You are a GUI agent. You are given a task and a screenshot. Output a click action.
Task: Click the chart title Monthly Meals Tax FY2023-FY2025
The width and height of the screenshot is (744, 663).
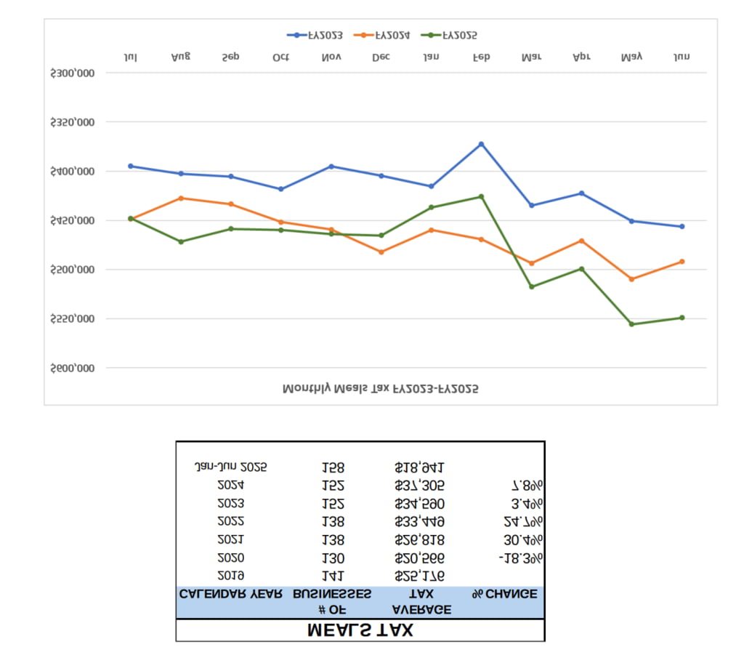tap(380, 389)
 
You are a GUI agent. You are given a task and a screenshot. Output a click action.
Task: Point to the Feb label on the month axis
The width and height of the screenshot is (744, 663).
tap(481, 57)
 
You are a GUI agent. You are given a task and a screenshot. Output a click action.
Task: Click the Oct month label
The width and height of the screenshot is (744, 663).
tap(280, 57)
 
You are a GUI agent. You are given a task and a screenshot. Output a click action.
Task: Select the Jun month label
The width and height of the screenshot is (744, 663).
tap(682, 57)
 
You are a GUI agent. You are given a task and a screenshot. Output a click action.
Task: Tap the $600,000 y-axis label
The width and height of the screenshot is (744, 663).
tap(73, 369)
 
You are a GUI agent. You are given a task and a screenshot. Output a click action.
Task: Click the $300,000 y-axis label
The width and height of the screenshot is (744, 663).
tap(73, 73)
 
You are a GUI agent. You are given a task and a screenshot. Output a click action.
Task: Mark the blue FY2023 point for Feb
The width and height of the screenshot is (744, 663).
tap(481, 144)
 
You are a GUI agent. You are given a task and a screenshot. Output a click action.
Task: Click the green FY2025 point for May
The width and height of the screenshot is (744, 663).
tap(631, 324)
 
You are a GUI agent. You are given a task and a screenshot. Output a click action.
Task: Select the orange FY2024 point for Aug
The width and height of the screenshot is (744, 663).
tap(181, 198)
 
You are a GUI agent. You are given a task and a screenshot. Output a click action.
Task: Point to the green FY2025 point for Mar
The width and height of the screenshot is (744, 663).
tap(531, 286)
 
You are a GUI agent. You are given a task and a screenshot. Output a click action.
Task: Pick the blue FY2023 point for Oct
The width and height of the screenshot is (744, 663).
tap(281, 189)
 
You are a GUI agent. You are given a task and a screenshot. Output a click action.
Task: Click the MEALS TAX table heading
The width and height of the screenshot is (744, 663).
tap(360, 630)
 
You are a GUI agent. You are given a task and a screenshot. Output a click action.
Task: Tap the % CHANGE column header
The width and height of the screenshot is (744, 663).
tap(504, 594)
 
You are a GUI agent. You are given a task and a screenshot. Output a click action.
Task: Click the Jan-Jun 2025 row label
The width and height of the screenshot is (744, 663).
tap(230, 467)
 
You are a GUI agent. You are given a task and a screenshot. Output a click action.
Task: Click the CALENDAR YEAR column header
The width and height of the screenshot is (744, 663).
tap(230, 594)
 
